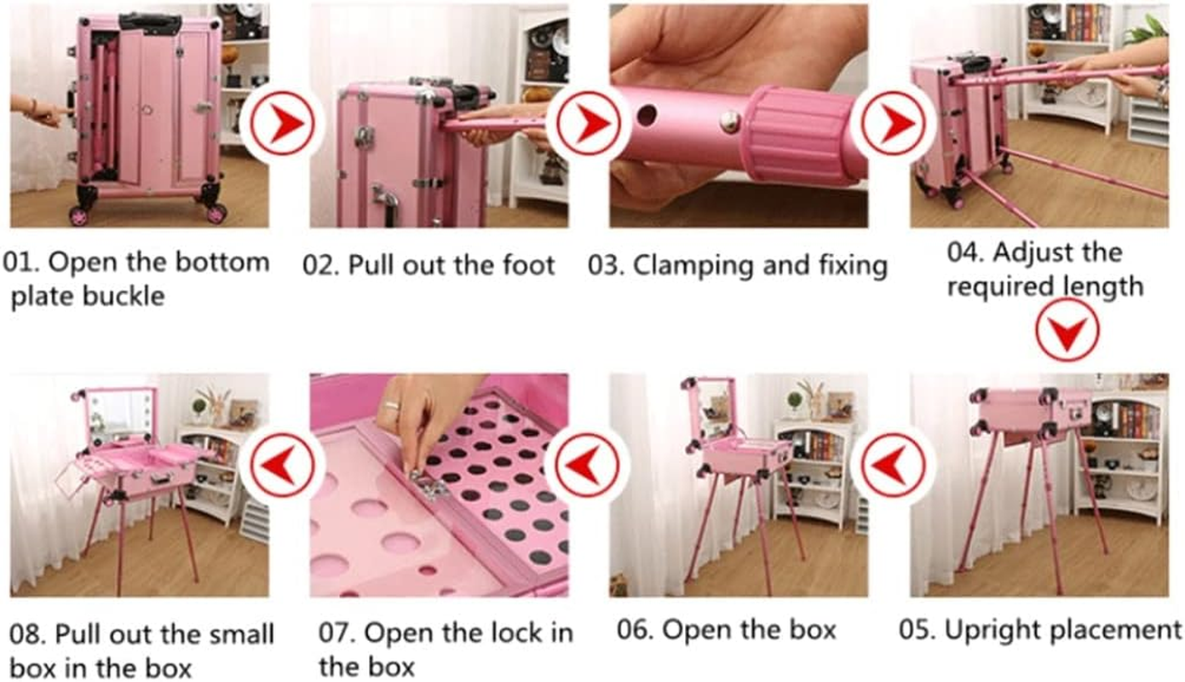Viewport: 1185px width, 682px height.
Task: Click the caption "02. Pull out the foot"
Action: pos(429,265)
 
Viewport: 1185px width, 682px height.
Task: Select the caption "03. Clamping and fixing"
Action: pos(737,265)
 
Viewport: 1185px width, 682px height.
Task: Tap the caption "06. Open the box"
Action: pos(727,630)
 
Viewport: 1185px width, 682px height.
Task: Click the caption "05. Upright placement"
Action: pos(1040,630)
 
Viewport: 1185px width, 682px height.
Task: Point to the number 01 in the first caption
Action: pos(20,262)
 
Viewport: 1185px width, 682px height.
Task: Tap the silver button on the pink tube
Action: pos(729,122)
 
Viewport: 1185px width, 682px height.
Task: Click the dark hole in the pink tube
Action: pos(647,114)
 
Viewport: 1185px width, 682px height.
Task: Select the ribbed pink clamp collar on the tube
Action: pos(797,135)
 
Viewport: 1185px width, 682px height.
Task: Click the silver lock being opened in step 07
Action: pos(426,487)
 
